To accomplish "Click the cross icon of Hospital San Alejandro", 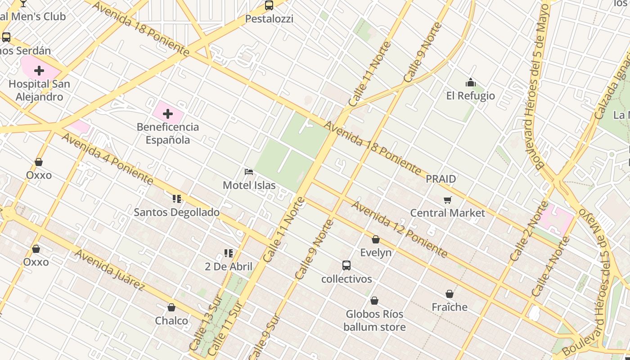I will (x=39, y=71).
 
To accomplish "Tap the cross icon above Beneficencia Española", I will (x=168, y=114).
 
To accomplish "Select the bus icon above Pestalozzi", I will (x=269, y=5).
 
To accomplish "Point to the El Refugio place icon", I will (x=470, y=82).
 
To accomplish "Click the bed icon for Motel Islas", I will (x=249, y=172).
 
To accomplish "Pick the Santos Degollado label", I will (x=177, y=212).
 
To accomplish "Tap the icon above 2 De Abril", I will (x=229, y=253).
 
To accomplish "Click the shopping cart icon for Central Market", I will (x=447, y=200).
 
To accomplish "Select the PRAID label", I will (x=441, y=179).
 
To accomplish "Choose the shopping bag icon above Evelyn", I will (x=376, y=239).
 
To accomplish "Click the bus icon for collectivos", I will (x=346, y=265).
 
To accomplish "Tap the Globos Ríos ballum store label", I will (x=374, y=320).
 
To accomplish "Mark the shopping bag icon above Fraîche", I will (x=450, y=294).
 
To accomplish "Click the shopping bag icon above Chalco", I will (x=171, y=308).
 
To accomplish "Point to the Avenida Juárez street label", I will (x=110, y=270).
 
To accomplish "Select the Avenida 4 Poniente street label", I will (x=108, y=158).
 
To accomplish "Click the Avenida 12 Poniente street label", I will (x=399, y=229).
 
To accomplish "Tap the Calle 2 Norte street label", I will (x=529, y=231).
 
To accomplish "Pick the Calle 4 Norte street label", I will (x=550, y=266).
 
